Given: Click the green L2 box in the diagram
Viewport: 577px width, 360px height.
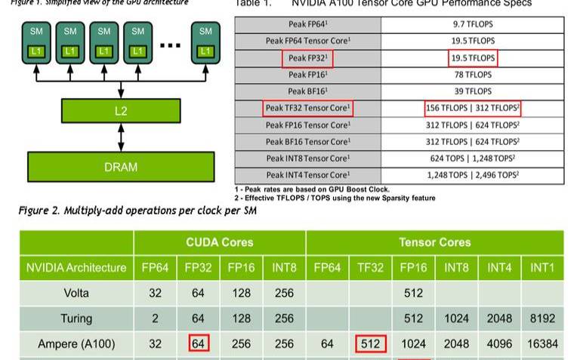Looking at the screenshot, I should click(x=121, y=111).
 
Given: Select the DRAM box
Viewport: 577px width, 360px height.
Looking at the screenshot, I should click(x=121, y=166).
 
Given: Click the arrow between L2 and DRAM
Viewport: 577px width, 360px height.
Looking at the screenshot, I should click(x=121, y=137).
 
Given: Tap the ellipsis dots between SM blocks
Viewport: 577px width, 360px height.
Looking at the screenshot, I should click(x=171, y=44).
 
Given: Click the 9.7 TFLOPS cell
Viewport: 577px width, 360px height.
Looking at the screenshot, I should click(x=474, y=24).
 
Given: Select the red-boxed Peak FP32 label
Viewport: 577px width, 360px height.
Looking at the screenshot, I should click(x=307, y=58).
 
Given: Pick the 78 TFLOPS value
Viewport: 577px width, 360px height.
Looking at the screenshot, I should click(x=474, y=75).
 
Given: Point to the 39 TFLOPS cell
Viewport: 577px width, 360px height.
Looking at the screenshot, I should click(x=474, y=91).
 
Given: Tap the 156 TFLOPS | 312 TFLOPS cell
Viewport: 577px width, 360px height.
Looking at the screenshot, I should click(x=473, y=109).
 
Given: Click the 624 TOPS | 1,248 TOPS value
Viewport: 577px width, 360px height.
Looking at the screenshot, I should click(x=474, y=158).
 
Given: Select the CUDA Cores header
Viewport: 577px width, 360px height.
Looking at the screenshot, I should click(x=219, y=242).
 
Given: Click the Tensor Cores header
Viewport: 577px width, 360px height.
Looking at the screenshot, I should click(x=434, y=242).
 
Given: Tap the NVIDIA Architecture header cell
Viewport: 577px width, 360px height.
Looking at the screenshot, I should click(x=76, y=267).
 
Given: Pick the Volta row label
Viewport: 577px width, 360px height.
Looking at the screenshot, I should click(x=76, y=293).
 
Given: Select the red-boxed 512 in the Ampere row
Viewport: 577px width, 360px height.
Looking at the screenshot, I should click(x=371, y=344).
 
